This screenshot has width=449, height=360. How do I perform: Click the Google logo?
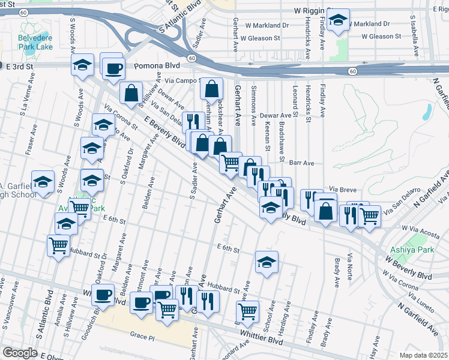click(20, 353)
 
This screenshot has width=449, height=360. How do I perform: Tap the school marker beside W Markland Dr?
click(339, 20)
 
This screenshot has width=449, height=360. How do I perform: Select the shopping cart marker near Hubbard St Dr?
click(58, 245)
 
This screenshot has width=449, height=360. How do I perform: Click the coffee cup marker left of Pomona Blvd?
click(113, 68)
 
